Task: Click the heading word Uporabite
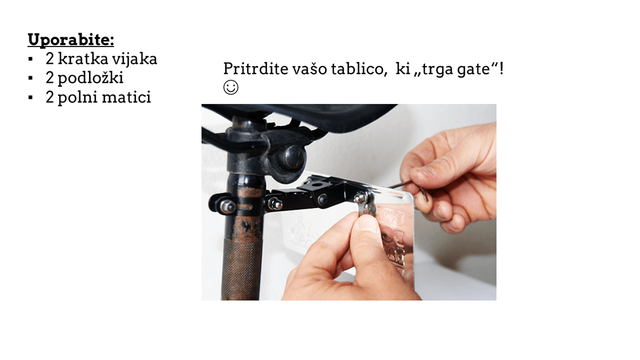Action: pyautogui.click(x=70, y=40)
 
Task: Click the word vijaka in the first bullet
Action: pyautogui.click(x=134, y=59)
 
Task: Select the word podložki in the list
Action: pyautogui.click(x=90, y=78)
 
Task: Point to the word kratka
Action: pyautogui.click(x=83, y=59)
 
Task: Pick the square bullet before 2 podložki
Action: pyautogui.click(x=30, y=78)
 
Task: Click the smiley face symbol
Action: pyautogui.click(x=231, y=87)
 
